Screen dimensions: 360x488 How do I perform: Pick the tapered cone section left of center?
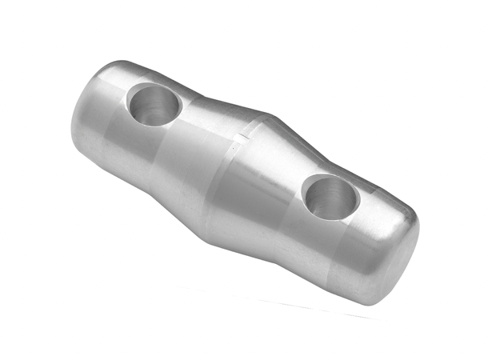[x=192, y=160]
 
